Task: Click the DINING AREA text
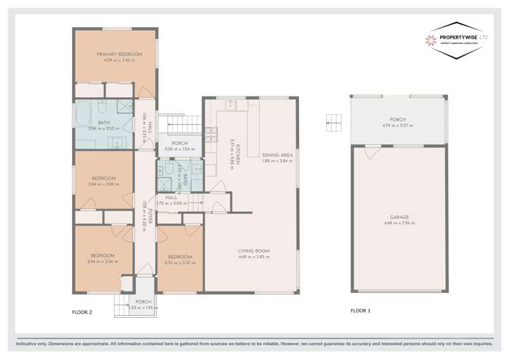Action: tap(277, 155)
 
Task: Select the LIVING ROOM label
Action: tap(253, 251)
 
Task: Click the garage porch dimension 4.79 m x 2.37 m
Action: tap(398, 126)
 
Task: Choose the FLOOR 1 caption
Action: tap(361, 310)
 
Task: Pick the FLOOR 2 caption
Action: tap(82, 312)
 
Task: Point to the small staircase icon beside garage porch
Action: tap(332, 122)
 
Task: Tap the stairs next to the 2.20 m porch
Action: tap(183, 124)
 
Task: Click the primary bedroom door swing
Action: tap(144, 91)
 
